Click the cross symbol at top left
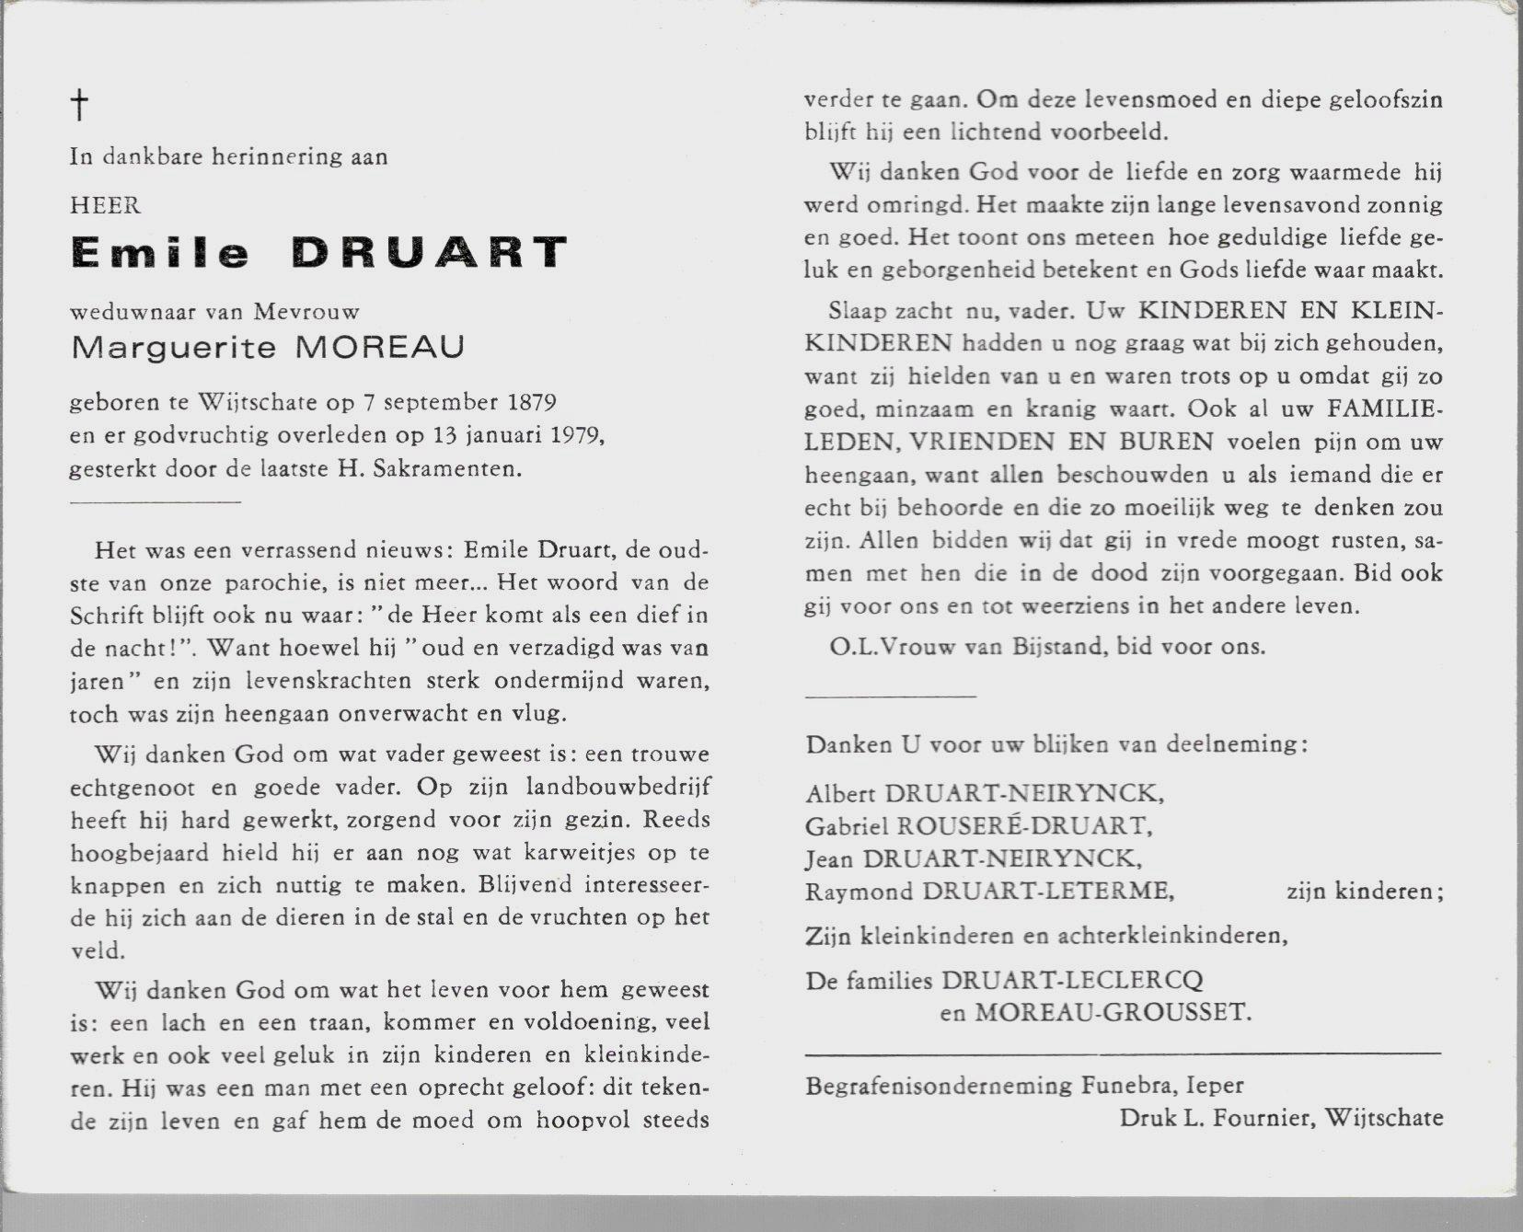click(x=80, y=106)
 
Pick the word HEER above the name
click(x=105, y=205)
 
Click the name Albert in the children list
click(x=840, y=793)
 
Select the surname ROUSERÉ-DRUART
click(x=1010, y=825)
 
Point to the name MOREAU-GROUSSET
click(x=1113, y=1013)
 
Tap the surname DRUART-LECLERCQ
click(x=1071, y=981)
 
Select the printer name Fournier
click(x=1268, y=1118)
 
